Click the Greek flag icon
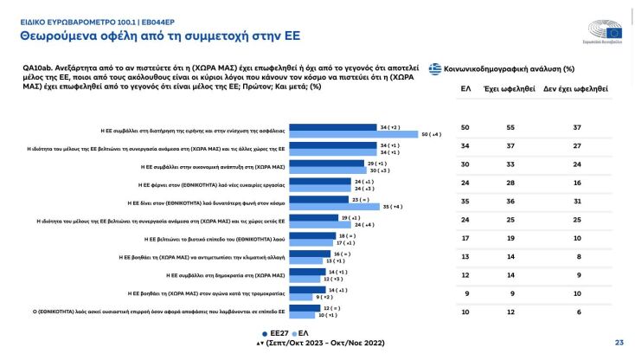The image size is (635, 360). [x=436, y=67]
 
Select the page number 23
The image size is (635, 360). [x=619, y=342]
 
